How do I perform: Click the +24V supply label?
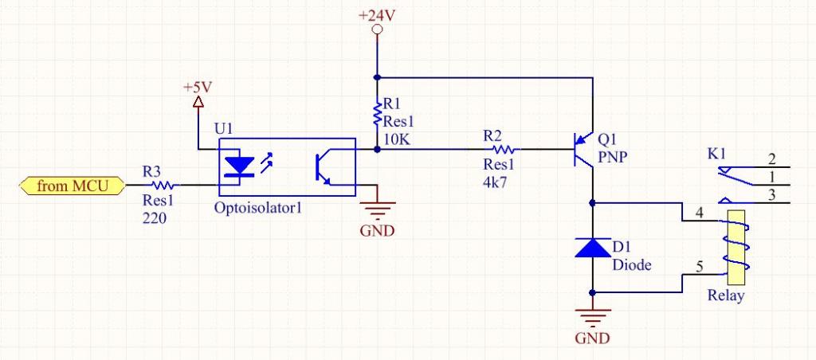pos(378,16)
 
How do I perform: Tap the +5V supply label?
pos(198,86)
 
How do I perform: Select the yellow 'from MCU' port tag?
pos(71,186)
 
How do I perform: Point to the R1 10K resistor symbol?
pos(378,116)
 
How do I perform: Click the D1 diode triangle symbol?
pos(593,248)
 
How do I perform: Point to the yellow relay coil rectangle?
pos(732,247)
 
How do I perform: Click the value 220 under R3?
pos(155,217)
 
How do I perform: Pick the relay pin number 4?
pos(699,213)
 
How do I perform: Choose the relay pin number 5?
pos(699,268)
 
